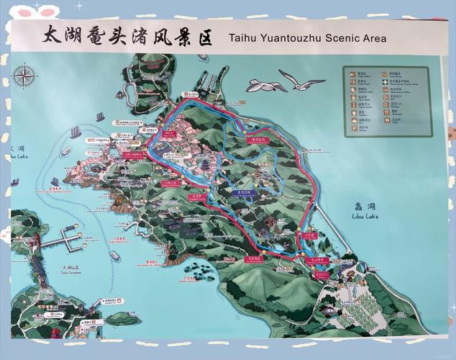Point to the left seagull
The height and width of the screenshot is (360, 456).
265,86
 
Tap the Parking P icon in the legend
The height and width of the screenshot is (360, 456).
353,128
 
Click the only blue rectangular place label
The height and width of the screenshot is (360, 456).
242,193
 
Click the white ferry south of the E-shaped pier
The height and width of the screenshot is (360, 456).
115,256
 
